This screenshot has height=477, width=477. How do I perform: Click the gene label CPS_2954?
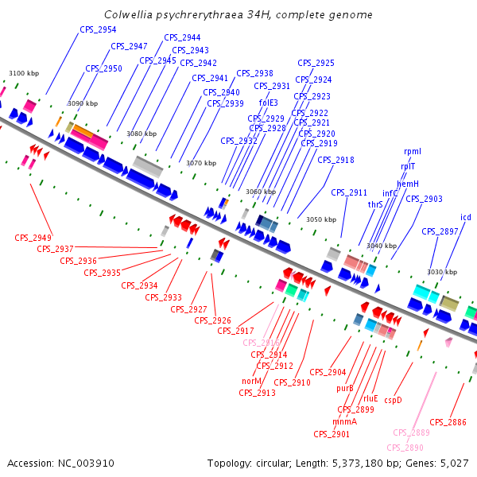(x=98, y=29)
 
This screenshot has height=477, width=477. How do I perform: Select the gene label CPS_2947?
(x=129, y=46)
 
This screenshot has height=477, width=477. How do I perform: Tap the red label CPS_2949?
(x=33, y=238)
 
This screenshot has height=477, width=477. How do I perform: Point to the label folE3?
(x=269, y=103)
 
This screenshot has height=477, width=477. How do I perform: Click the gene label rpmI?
(x=413, y=151)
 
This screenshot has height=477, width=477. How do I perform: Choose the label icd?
(x=466, y=217)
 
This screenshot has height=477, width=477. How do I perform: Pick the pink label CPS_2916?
(x=261, y=343)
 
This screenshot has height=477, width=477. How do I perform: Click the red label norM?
(x=251, y=381)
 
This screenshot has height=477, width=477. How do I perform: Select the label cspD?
(x=394, y=400)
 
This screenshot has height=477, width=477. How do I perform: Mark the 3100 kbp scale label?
(x=23, y=74)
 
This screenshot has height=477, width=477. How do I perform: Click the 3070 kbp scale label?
(x=201, y=163)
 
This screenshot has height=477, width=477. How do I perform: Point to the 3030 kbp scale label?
(x=441, y=272)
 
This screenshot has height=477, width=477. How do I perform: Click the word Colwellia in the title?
(x=128, y=15)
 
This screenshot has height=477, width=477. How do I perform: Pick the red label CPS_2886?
(x=448, y=422)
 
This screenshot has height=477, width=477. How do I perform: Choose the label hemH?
(x=408, y=184)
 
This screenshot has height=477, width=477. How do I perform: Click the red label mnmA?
(x=345, y=421)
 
